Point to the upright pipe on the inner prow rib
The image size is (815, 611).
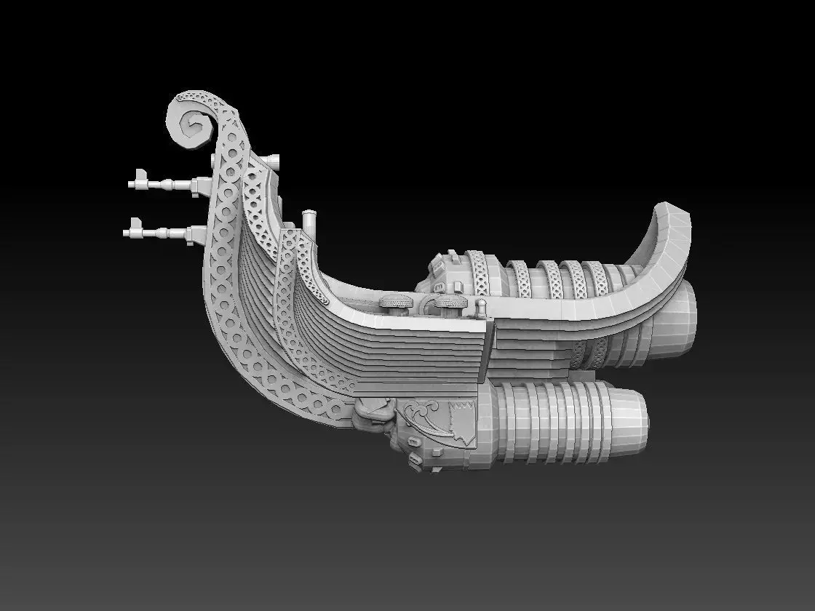(309, 220)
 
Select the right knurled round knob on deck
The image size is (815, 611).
(450, 303)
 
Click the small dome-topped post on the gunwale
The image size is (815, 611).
(481, 306)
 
